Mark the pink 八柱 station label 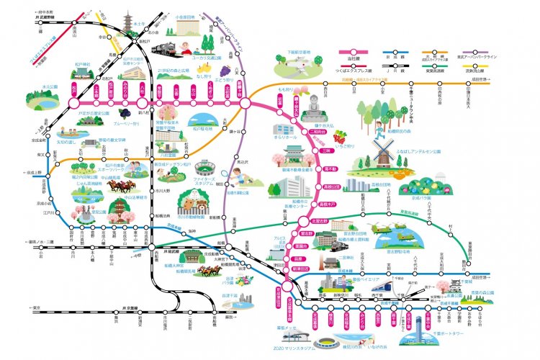pos(141,90)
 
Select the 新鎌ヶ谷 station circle pos(245,103)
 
